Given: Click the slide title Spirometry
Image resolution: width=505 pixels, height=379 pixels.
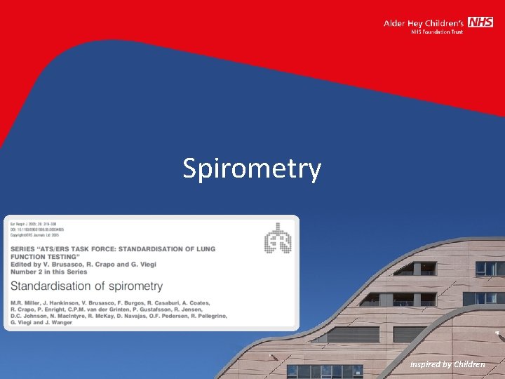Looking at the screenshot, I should tap(252, 168).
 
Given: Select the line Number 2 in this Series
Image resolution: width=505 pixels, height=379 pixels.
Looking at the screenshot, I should tap(48, 272).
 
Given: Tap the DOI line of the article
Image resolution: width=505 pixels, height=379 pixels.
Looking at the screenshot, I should tap(36, 229).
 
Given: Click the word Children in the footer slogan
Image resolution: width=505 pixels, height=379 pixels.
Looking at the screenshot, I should tap(469, 364).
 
